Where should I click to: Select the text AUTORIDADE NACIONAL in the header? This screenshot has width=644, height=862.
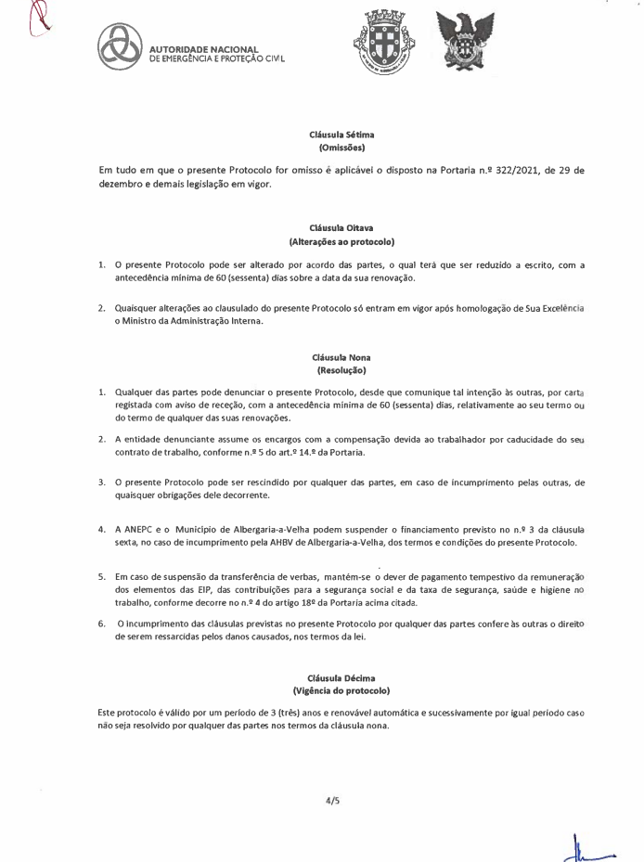click(198, 49)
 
